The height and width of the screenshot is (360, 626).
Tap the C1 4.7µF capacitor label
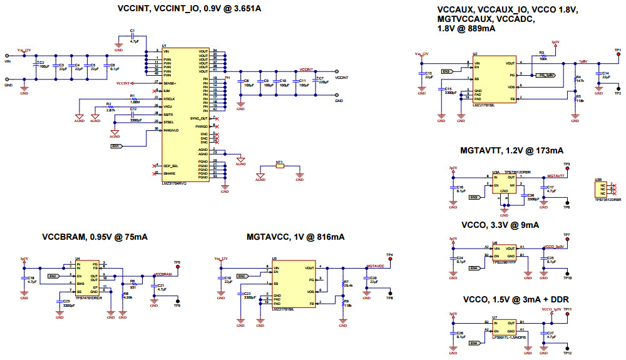coord(133,35)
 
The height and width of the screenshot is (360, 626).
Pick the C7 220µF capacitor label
coord(321,80)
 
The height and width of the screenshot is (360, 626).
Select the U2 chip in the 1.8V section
coord(495,81)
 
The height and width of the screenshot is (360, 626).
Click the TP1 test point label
coord(617,49)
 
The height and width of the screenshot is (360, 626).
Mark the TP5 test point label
coord(177,262)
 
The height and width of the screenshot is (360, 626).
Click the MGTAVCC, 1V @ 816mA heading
coord(295,237)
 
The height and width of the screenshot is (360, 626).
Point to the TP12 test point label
coord(567,354)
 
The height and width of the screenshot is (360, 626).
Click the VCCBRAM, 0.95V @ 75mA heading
coord(95,237)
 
